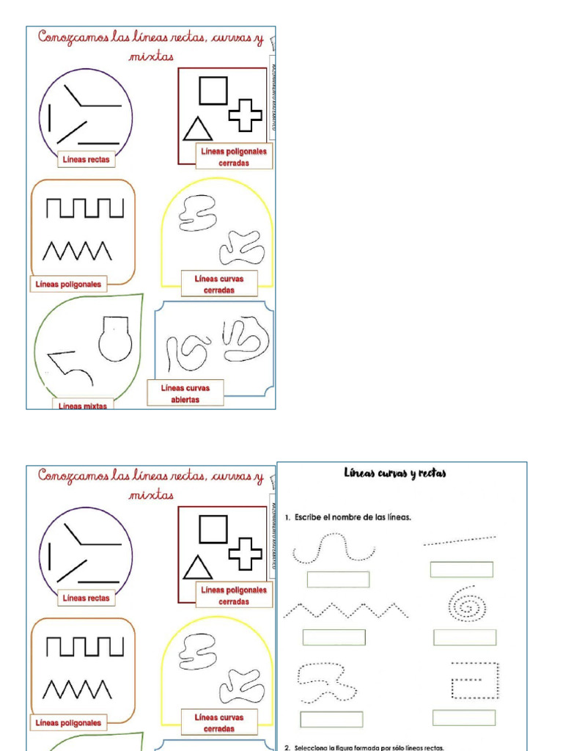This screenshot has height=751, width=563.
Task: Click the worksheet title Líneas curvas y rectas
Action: pyautogui.click(x=395, y=474)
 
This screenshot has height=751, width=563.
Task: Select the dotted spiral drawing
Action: pyautogui.click(x=465, y=604)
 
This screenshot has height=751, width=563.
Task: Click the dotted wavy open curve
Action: pyautogui.click(x=334, y=549)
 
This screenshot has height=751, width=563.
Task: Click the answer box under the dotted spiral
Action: pyautogui.click(x=464, y=637)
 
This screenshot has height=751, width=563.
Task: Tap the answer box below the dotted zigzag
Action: pyautogui.click(x=334, y=637)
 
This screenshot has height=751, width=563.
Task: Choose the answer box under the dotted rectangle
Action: pyautogui.click(x=463, y=718)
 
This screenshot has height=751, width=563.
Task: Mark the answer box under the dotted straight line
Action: pyautogui.click(x=461, y=570)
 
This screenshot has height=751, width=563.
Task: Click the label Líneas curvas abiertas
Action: pyautogui.click(x=185, y=394)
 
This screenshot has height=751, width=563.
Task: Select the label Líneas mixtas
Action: pyautogui.click(x=83, y=406)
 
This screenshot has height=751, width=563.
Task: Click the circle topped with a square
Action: pyautogui.click(x=115, y=340)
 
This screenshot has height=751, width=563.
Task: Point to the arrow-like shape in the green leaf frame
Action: pyautogui.click(x=70, y=366)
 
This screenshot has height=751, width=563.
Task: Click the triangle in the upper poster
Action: pyautogui.click(x=197, y=129)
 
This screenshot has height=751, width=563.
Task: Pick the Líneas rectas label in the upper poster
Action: pyautogui.click(x=87, y=159)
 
